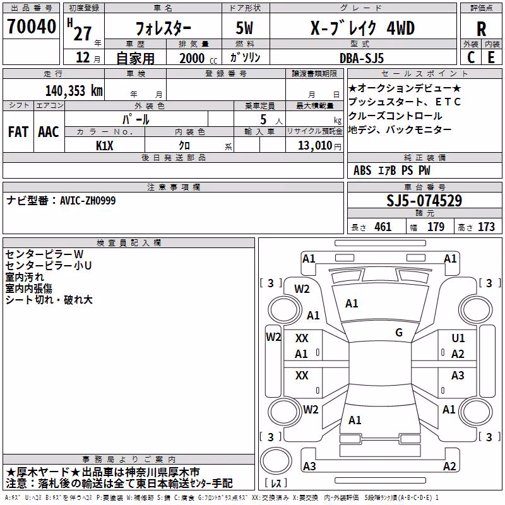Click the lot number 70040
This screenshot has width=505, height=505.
(31, 27)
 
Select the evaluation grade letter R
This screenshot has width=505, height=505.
(481, 29)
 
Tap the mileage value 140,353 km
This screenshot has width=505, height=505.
(74, 91)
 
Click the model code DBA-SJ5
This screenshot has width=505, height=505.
(362, 58)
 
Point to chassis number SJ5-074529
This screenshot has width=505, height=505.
(424, 200)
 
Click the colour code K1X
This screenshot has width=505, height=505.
(105, 146)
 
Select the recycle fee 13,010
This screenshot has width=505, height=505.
(315, 146)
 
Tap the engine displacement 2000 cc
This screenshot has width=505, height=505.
(198, 58)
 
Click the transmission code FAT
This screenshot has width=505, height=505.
(18, 132)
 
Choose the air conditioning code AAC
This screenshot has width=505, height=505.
(49, 132)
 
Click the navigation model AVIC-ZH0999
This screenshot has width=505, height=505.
(88, 201)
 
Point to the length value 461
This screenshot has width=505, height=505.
(383, 227)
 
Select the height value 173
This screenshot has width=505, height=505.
(486, 227)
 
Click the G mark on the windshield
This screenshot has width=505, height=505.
(399, 332)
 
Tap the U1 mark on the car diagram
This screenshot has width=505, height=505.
(458, 338)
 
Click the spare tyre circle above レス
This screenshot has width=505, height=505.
(276, 461)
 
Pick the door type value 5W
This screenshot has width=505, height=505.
(244, 28)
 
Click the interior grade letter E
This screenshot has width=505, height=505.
(491, 57)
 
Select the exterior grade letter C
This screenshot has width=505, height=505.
(471, 57)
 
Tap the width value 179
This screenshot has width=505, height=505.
(436, 227)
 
